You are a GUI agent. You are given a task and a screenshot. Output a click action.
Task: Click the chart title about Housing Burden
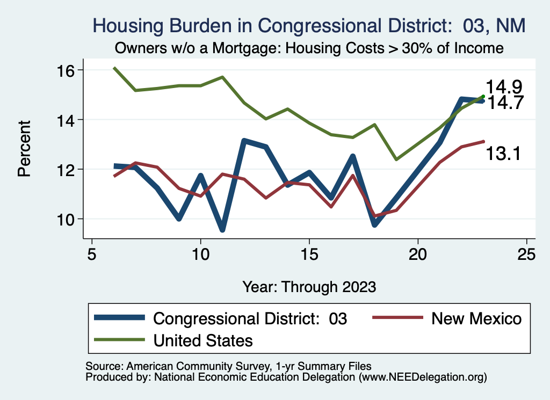[x=308, y=25]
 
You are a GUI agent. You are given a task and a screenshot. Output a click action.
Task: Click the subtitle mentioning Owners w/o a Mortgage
[x=308, y=48]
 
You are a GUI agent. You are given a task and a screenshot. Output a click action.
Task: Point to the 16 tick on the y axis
[x=67, y=70]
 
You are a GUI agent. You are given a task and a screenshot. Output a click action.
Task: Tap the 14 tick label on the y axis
[x=67, y=119]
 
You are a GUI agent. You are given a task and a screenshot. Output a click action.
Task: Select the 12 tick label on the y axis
[x=67, y=169]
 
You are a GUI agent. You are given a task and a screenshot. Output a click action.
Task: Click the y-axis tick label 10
[x=67, y=219]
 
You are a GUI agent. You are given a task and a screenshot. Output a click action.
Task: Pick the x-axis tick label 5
[x=92, y=254]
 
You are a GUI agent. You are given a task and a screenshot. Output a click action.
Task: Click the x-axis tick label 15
[x=309, y=254]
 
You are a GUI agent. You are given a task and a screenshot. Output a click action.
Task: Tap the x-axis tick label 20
[x=417, y=254]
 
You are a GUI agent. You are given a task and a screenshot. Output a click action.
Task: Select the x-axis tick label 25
[x=526, y=254]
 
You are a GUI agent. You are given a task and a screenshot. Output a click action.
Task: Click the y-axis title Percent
[x=24, y=148]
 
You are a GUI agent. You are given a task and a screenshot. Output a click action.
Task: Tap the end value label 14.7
[x=504, y=103]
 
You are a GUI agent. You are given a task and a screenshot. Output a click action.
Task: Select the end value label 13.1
[x=504, y=154]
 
